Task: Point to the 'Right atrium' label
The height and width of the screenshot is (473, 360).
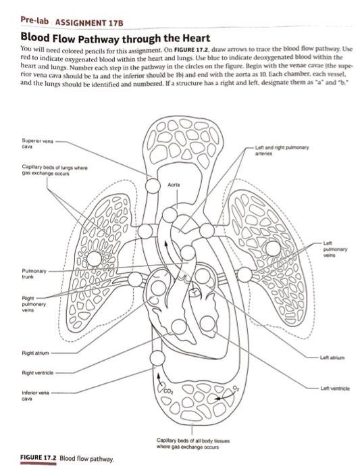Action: click(x=35, y=353)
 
